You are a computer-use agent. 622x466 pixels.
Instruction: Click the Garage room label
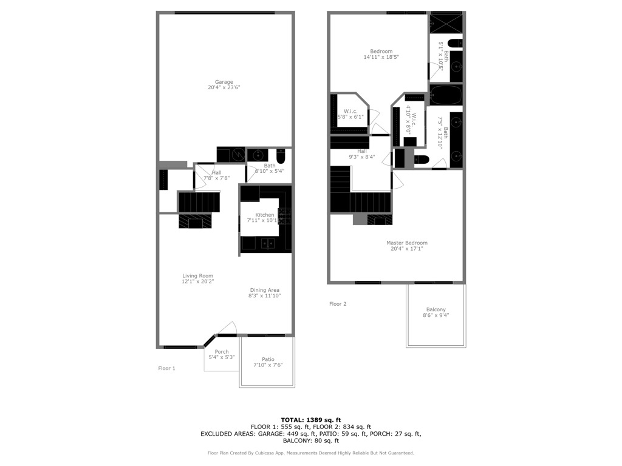(x=224, y=82)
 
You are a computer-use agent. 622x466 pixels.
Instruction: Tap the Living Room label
(x=197, y=276)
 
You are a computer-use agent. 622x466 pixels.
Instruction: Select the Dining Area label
(x=265, y=290)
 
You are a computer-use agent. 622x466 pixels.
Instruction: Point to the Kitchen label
(x=265, y=215)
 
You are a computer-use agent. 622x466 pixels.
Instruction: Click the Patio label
(x=268, y=359)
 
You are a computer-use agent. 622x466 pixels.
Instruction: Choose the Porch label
(x=222, y=351)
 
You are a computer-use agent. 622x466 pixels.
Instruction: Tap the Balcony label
(x=436, y=309)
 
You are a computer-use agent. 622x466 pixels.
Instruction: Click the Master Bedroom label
(x=407, y=243)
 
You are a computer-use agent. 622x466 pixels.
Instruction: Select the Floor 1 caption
(x=166, y=368)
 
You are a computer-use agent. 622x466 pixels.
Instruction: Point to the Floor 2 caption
(x=338, y=304)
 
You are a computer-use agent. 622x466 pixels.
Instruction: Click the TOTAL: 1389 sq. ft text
(x=311, y=420)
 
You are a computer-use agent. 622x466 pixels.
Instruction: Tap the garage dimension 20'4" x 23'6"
(x=224, y=87)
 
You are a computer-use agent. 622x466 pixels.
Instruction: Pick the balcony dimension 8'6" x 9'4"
(x=436, y=316)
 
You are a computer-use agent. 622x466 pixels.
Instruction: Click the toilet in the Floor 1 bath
(x=281, y=157)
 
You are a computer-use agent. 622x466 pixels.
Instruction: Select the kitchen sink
(x=268, y=243)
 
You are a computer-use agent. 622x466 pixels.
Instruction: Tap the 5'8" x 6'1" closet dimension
(x=350, y=117)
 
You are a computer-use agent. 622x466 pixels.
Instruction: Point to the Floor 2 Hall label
(x=362, y=151)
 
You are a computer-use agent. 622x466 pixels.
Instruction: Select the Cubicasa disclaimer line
(x=310, y=453)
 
